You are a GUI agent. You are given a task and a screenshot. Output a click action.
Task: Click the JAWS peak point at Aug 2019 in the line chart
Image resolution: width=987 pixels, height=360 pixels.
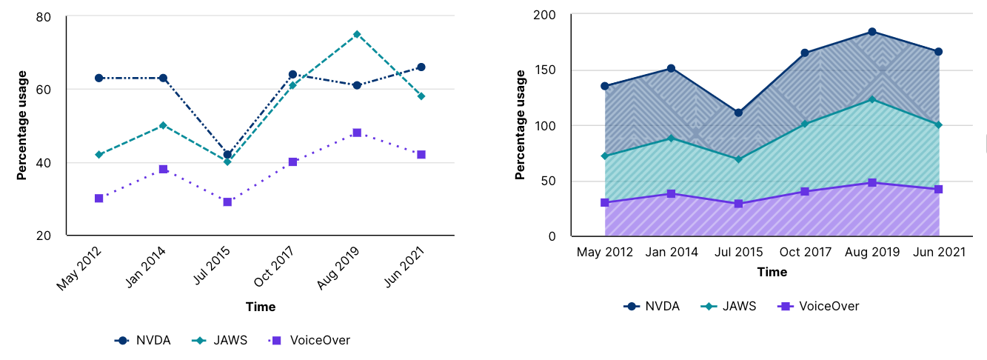click(x=357, y=34)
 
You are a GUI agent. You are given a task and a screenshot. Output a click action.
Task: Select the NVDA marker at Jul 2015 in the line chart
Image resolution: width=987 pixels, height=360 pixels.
click(x=227, y=155)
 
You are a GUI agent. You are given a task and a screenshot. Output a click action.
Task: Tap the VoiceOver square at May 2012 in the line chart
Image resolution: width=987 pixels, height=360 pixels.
click(x=98, y=199)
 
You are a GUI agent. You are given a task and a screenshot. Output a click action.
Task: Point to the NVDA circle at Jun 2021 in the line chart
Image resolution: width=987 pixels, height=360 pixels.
click(x=421, y=67)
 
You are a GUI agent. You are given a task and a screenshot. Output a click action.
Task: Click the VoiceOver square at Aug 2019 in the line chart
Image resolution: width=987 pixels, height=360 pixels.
click(x=357, y=133)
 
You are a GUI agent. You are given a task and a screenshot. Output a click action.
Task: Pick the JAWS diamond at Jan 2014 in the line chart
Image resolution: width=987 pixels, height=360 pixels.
click(x=163, y=125)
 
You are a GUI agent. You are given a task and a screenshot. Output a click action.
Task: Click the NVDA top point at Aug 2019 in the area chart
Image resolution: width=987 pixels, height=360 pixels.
click(x=872, y=32)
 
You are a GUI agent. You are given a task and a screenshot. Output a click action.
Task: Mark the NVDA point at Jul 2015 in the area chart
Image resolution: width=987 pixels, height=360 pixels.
click(x=738, y=113)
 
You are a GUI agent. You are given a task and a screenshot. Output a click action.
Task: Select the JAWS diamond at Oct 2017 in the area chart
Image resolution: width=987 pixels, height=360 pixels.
click(x=805, y=124)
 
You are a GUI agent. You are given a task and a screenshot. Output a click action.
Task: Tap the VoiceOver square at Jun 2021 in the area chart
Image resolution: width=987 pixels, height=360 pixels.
click(x=939, y=190)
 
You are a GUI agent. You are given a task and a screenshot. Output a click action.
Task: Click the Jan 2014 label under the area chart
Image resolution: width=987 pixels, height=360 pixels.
click(x=672, y=253)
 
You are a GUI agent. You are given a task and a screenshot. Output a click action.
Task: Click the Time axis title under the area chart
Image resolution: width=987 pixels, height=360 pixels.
click(x=772, y=272)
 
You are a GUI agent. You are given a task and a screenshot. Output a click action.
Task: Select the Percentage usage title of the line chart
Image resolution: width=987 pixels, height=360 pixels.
click(x=22, y=125)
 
